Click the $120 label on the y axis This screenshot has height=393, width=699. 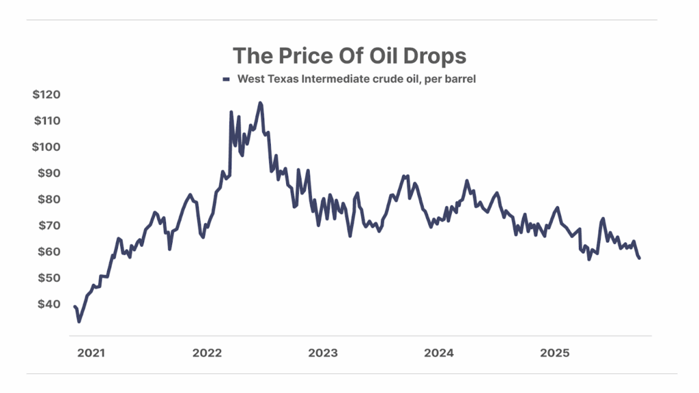point(46,95)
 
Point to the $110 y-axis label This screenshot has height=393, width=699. point(46,121)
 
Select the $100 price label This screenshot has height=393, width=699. point(46,147)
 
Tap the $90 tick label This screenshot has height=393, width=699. point(48,173)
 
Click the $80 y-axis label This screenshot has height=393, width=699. point(48,199)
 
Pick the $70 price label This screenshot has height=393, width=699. point(48,225)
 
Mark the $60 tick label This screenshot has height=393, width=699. point(48,252)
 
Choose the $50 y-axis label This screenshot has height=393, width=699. point(48,278)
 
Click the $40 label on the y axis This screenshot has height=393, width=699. point(48,304)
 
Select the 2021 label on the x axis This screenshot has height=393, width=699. point(91,353)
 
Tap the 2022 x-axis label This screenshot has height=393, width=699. point(207,353)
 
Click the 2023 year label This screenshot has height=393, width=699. point(322,353)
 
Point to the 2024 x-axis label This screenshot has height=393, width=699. point(438,353)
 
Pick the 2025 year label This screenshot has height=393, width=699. point(554,353)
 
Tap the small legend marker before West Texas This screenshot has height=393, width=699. point(227,80)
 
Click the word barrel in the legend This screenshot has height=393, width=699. point(459,79)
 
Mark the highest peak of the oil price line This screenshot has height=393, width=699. point(260,103)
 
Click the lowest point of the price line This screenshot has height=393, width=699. point(79,321)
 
